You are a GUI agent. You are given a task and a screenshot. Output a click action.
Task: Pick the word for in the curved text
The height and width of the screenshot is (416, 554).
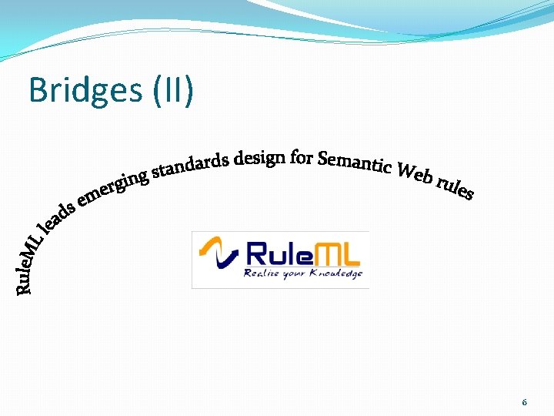[302, 158]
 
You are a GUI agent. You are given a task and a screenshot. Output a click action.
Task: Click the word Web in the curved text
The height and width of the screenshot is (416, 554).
[413, 176]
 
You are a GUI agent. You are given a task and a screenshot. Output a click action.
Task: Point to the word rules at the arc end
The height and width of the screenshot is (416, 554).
[455, 188]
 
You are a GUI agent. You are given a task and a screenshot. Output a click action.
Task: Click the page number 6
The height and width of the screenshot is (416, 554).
[524, 403]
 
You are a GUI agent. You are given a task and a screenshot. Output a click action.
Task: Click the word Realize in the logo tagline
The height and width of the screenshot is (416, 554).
[263, 273]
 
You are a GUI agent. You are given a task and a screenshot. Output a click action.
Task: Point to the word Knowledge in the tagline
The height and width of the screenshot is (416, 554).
[335, 273]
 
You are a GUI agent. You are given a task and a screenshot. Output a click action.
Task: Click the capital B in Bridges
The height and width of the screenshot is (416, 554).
[38, 91]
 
